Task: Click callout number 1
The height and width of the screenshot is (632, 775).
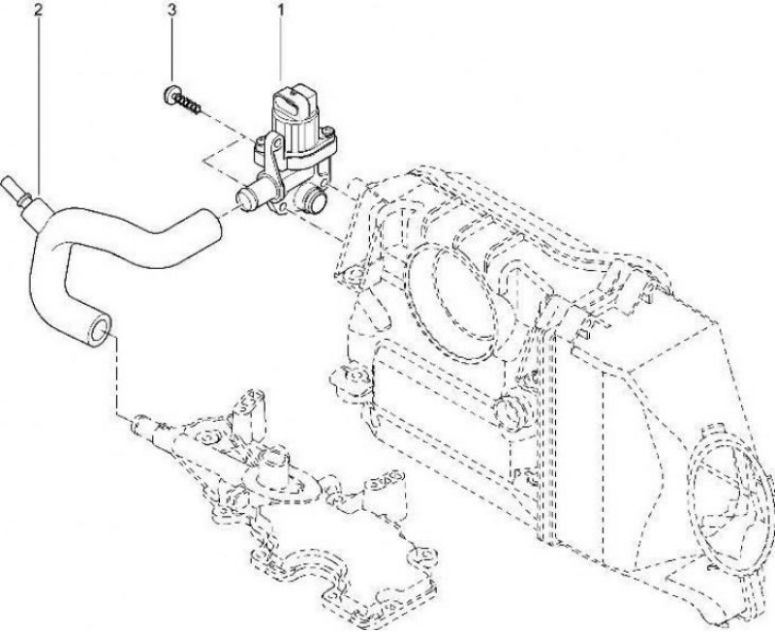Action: click(x=281, y=10)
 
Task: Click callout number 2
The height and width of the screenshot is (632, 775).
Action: click(x=38, y=10)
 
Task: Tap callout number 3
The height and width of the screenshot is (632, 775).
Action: click(x=171, y=10)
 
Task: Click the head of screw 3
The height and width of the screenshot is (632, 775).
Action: click(x=171, y=94)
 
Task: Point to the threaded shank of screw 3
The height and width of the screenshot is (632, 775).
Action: click(x=190, y=104)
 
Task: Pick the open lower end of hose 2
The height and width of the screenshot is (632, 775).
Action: click(x=100, y=330)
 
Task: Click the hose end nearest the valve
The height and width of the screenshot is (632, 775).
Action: click(x=211, y=224)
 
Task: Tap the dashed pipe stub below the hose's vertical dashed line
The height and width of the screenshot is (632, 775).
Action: click(x=143, y=426)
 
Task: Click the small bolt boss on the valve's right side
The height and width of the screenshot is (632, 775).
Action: click(x=326, y=132)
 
